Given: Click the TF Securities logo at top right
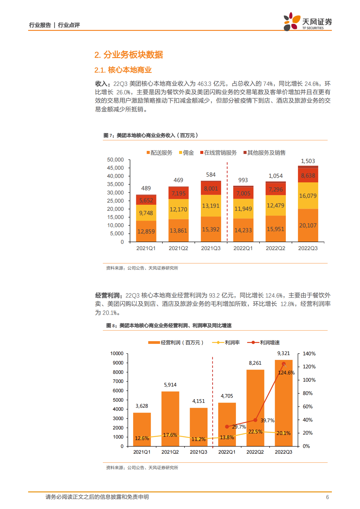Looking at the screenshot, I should tap(307, 22).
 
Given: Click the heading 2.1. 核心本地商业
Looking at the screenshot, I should tap(123, 70).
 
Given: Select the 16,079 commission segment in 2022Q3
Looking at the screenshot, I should tap(308, 196).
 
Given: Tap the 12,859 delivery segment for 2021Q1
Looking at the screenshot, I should tap(146, 231).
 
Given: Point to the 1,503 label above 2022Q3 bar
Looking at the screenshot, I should tap(308, 161).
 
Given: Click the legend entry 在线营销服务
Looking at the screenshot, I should tap(218, 153).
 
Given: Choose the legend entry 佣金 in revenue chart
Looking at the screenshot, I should tap(186, 153).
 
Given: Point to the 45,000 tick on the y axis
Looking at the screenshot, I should tap(115, 168).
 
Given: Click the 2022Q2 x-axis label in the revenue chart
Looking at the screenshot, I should tap(275, 248).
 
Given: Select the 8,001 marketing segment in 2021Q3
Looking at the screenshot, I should tap(211, 189).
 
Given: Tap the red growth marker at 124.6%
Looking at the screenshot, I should tap(283, 364).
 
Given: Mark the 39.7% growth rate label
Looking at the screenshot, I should tap(267, 420).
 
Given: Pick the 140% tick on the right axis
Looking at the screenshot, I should tap(309, 354).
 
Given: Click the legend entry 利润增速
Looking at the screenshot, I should tap(264, 343).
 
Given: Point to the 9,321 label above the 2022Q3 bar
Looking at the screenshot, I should tap(283, 353).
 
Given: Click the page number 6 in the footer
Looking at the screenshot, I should tap(327, 497).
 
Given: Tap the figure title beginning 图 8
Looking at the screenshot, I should tap(169, 325).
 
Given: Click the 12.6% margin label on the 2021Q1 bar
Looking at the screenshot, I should tap(142, 438).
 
